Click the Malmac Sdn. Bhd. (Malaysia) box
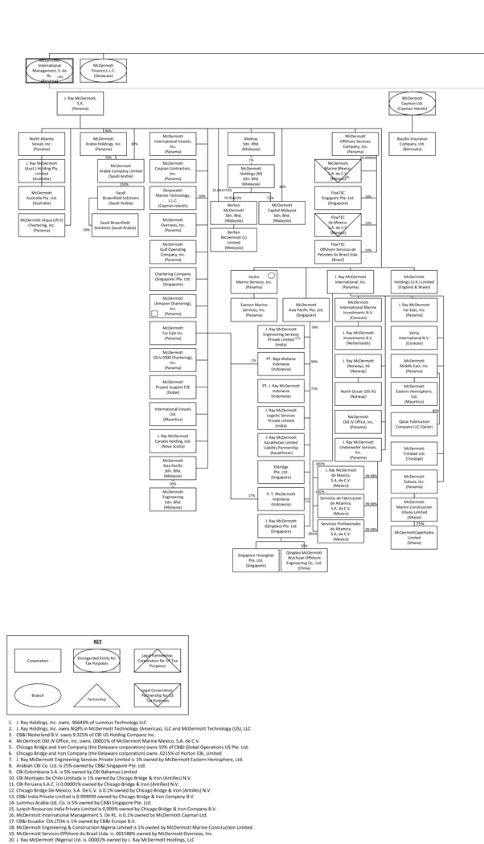pos(251,143)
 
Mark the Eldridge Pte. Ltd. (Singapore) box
pos(281,469)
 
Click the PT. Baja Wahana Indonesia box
pos(281,362)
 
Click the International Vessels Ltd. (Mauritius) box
pos(173,413)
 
